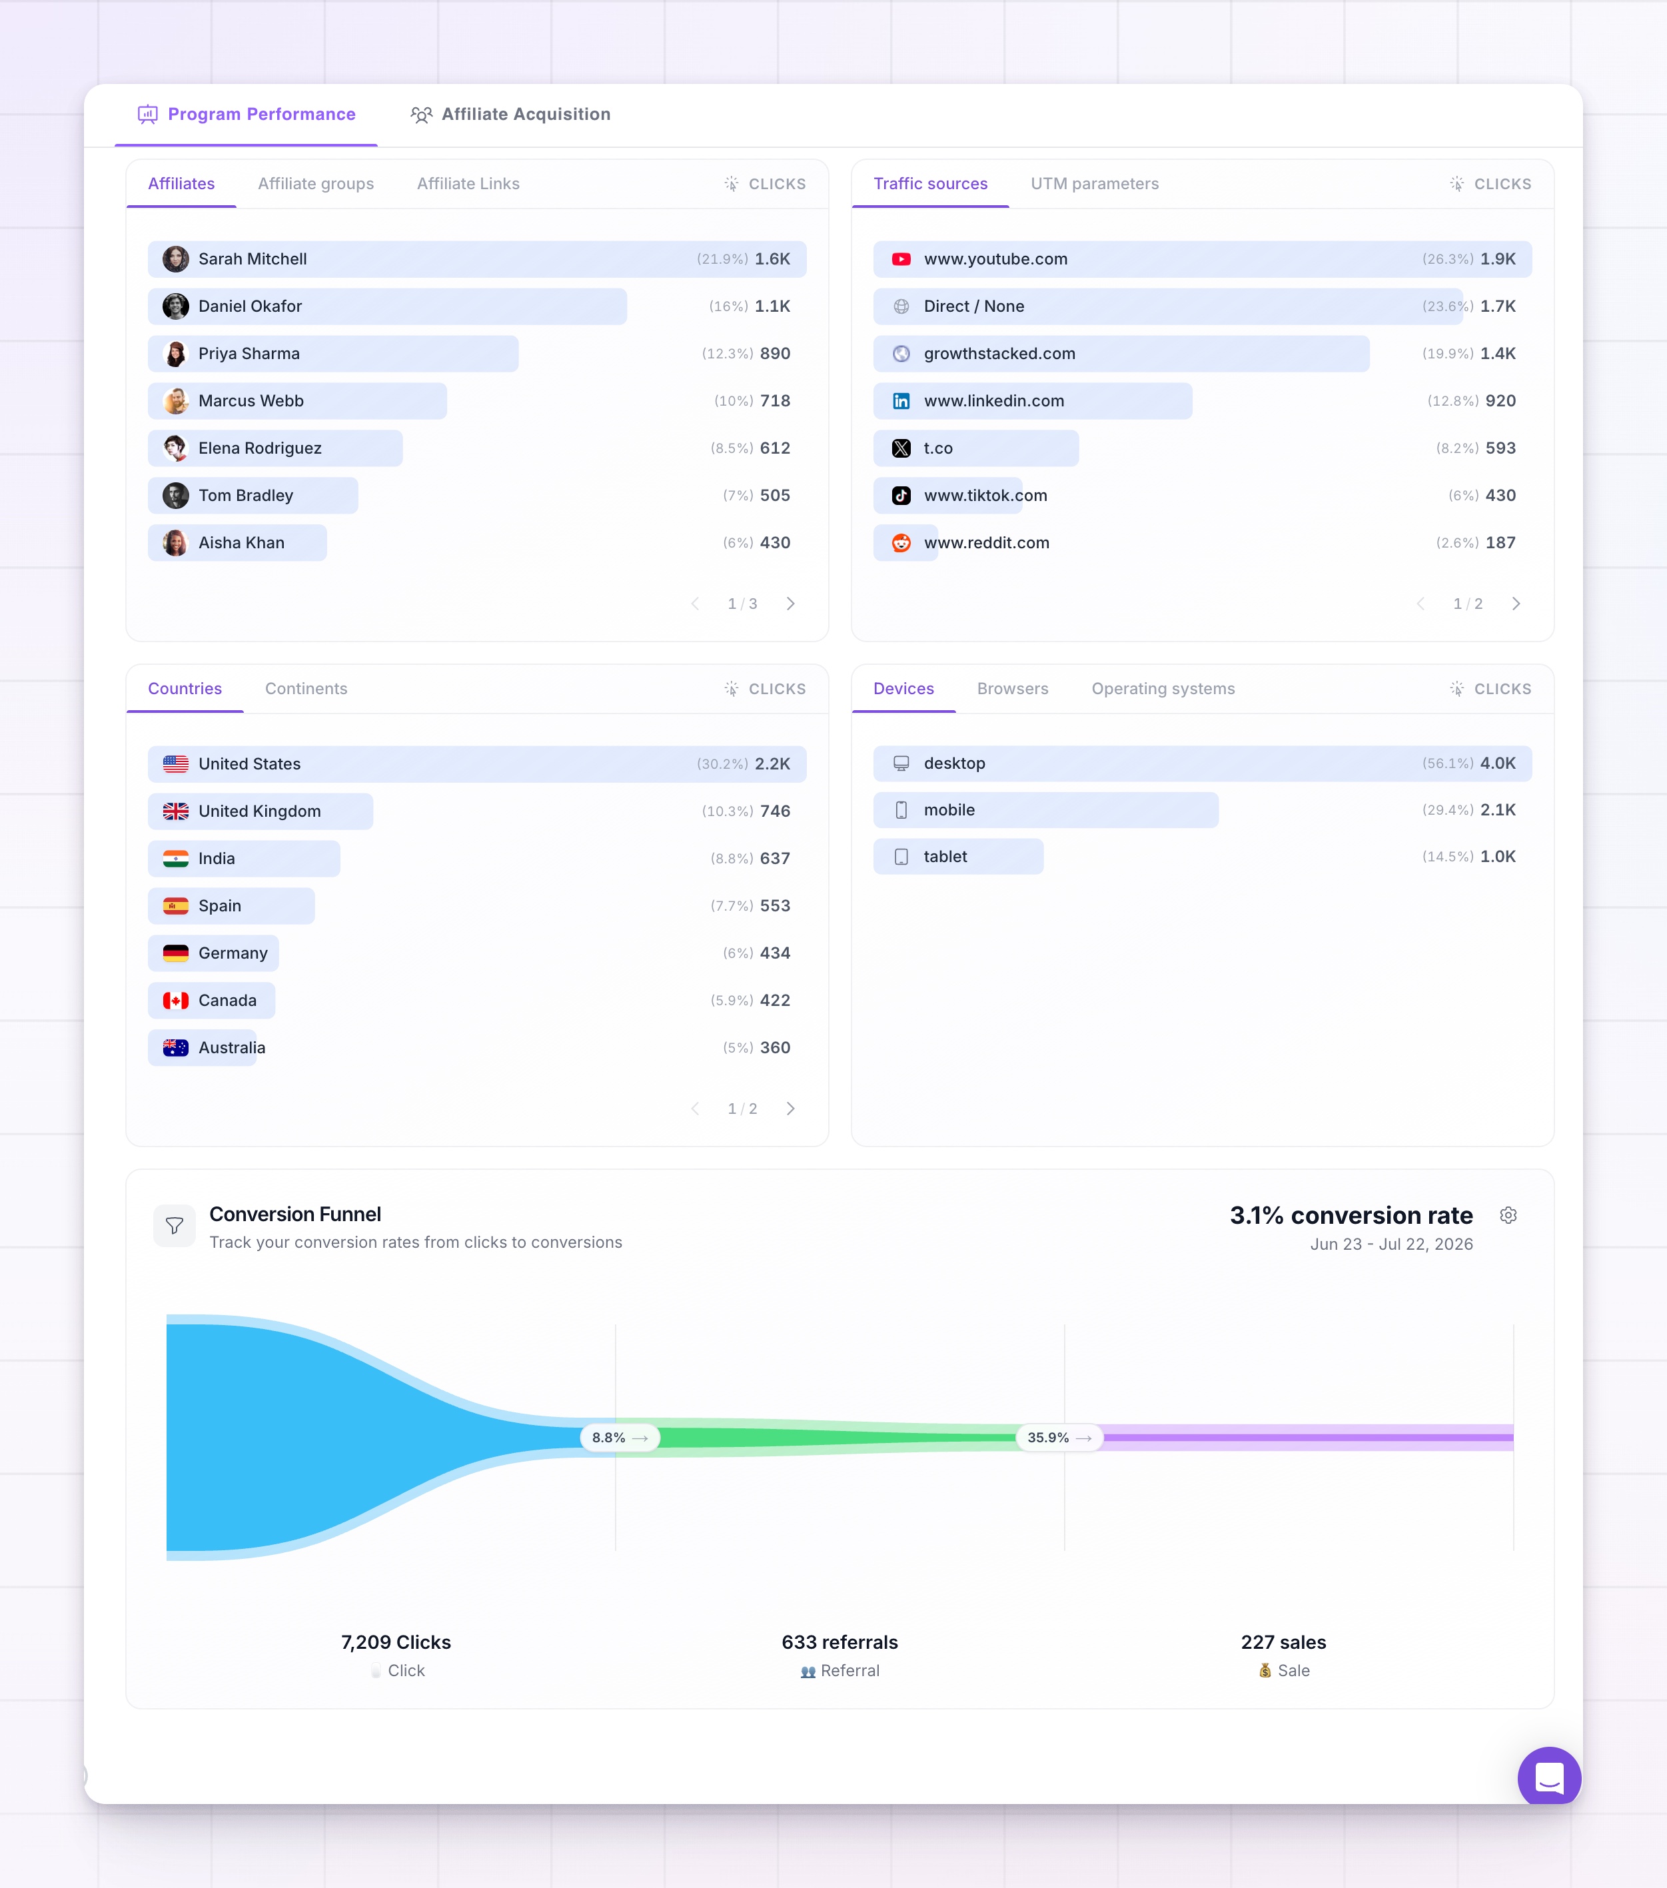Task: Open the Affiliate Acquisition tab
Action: tap(511, 115)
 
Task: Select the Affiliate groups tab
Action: tap(316, 184)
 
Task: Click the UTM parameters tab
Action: tap(1095, 184)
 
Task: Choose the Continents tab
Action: tap(306, 689)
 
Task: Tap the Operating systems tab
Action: tap(1163, 689)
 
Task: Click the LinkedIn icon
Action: tap(901, 401)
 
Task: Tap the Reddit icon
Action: tap(901, 543)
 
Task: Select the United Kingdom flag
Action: tap(175, 811)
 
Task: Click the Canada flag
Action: tap(175, 1001)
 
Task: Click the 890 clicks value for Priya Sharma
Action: tap(775, 354)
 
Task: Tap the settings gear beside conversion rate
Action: tap(1508, 1216)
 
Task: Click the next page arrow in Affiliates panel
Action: tap(791, 604)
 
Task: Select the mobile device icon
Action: tap(901, 810)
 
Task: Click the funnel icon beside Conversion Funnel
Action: tap(175, 1226)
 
